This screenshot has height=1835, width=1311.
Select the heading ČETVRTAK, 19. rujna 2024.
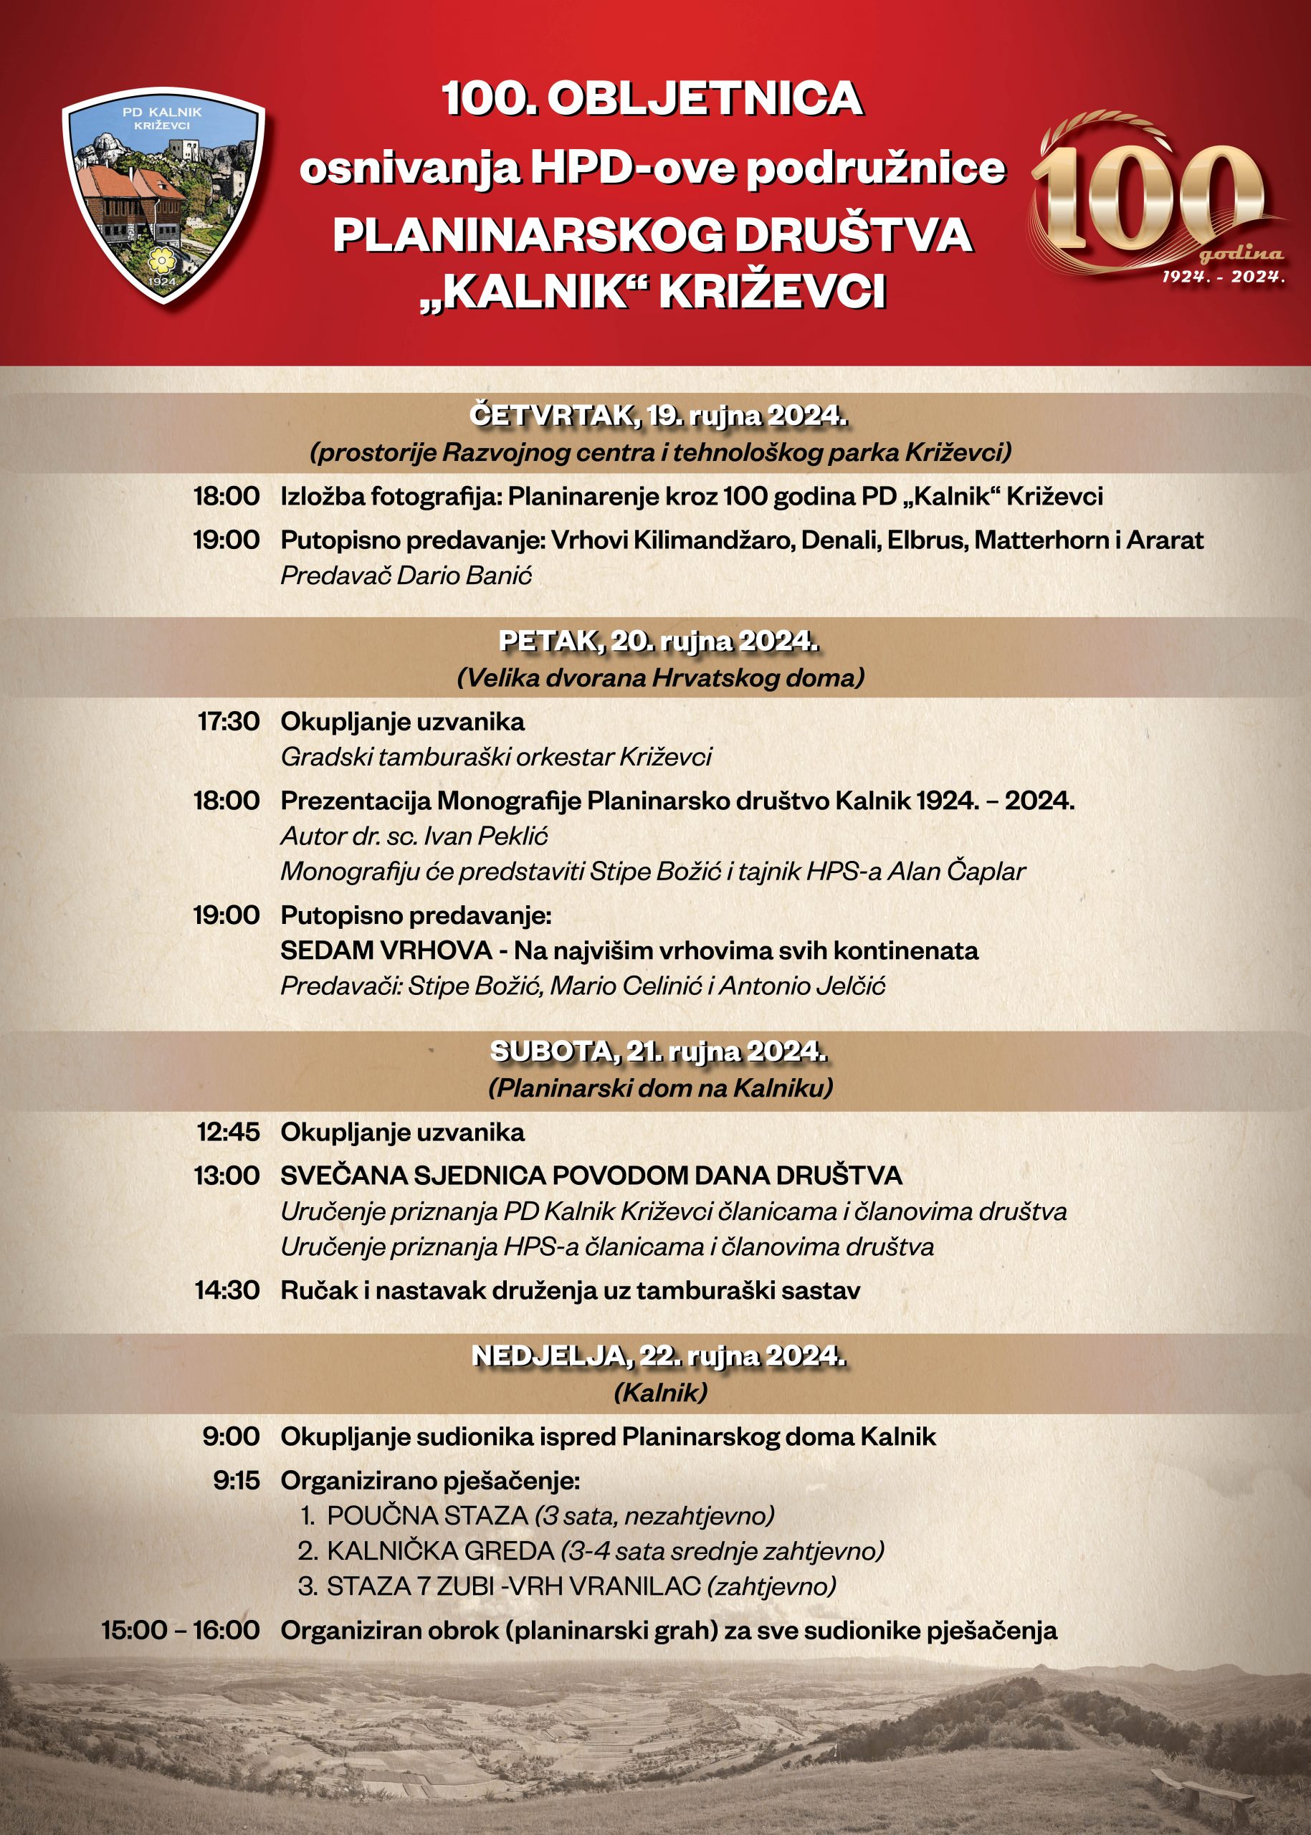click(659, 416)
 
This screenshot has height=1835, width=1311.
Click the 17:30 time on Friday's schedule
click(229, 721)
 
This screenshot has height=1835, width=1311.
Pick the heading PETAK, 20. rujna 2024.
click(659, 641)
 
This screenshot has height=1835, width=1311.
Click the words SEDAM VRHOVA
click(386, 950)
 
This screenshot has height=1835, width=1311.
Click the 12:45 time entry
click(229, 1132)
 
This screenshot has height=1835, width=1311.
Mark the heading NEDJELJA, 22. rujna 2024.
click(659, 1356)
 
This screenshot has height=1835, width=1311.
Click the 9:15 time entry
click(237, 1481)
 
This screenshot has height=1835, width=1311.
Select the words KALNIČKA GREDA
click(440, 1551)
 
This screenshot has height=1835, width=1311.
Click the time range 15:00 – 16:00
click(180, 1630)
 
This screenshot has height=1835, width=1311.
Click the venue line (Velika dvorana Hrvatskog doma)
click(660, 677)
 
